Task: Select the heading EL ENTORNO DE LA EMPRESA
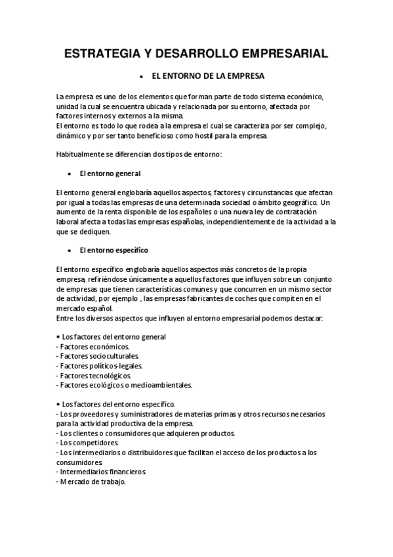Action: coord(208,76)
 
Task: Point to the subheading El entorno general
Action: coord(110,173)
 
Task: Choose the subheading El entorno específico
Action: coord(113,250)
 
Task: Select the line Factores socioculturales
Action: coord(98,356)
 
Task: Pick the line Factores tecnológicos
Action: coord(96,375)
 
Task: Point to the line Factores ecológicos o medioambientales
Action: coord(123,385)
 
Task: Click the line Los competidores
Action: coord(89,443)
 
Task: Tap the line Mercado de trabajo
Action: coord(91,481)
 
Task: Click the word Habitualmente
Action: coord(82,154)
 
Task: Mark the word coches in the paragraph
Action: coord(239,298)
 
